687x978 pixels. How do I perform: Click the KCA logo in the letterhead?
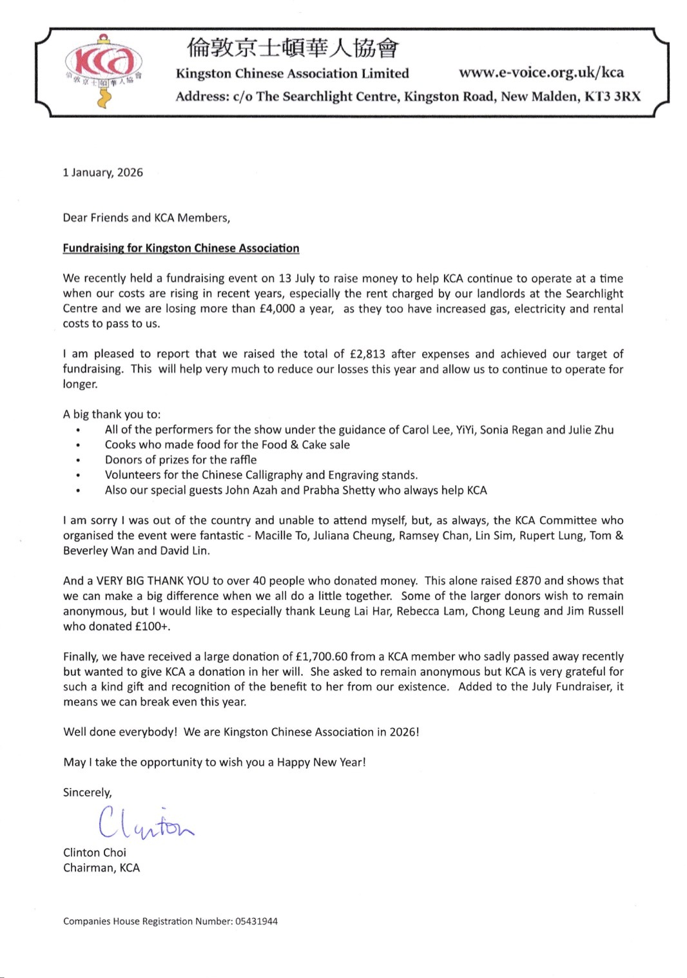click(103, 72)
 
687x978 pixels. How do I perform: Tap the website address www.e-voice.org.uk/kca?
click(541, 72)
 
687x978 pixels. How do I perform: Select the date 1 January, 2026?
click(102, 173)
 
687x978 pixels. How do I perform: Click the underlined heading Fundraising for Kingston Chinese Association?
click(180, 249)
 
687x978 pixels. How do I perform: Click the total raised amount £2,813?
click(367, 354)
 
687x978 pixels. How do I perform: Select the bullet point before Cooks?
click(78, 445)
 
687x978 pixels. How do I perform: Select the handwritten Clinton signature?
click(145, 823)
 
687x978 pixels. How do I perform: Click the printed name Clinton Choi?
click(95, 852)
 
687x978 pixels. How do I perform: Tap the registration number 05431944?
click(256, 921)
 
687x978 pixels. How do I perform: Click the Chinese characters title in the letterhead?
click(293, 48)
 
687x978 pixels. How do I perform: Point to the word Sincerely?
click(87, 792)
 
